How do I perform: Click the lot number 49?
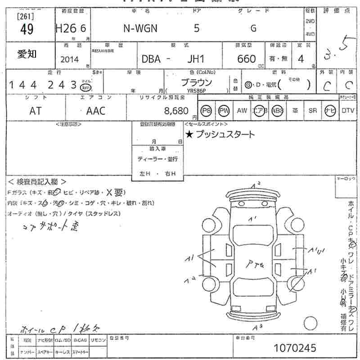tap(27, 29)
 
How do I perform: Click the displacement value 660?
tap(246, 59)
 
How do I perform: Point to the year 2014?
tap(69, 59)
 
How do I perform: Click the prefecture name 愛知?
tap(27, 54)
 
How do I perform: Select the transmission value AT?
tap(35, 111)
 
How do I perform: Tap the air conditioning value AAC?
tap(95, 111)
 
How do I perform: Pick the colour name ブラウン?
tap(196, 82)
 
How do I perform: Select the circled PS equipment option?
tap(206, 111)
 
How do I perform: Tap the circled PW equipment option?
tap(224, 111)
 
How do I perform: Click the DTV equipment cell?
tap(347, 111)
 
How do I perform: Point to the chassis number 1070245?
tap(295, 348)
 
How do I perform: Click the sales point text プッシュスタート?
tap(225, 134)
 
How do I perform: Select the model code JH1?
tap(196, 59)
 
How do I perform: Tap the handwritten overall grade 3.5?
tap(336, 51)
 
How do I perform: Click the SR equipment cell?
tap(312, 111)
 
